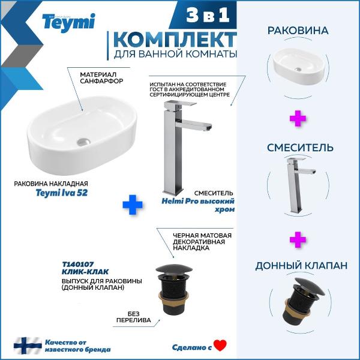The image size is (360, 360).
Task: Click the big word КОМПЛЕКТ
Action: coord(175,40)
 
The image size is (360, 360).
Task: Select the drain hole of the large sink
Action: coord(84,142)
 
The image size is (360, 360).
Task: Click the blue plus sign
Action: coord(133,205)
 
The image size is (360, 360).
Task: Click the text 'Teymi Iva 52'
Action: coord(62,193)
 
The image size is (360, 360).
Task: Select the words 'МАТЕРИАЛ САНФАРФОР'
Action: coord(101,77)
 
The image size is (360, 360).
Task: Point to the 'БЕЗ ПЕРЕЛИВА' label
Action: coord(134,317)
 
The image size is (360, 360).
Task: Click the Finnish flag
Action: coord(28,346)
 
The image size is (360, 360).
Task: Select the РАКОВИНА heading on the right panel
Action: coord(298,31)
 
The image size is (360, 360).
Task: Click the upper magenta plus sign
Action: coord(298,118)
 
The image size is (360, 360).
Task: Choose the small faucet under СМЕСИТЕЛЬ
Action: coord(298,185)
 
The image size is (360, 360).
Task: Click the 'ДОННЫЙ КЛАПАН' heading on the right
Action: coord(301,266)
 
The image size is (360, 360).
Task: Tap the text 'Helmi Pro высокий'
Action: coord(198,201)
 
